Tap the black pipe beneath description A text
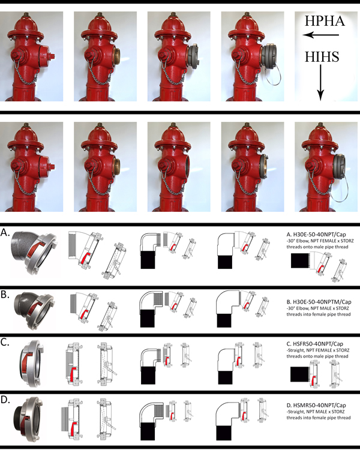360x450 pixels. pos(299,260)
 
